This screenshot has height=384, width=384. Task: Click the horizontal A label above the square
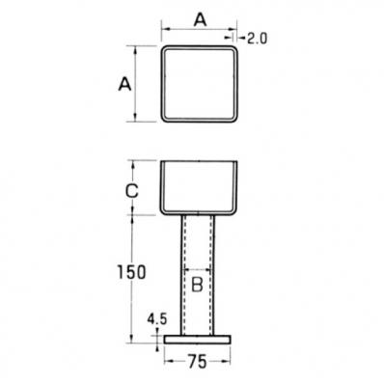click(200, 20)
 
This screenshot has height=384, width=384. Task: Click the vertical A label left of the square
click(124, 84)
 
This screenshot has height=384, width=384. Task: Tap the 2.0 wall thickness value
click(258, 39)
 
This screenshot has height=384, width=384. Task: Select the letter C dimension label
click(132, 191)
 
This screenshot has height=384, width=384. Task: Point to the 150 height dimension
click(131, 272)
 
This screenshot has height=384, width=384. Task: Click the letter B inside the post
click(197, 285)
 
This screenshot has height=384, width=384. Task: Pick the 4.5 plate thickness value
click(157, 319)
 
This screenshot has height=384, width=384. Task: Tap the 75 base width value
click(197, 362)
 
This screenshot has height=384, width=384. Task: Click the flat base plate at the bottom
click(198, 340)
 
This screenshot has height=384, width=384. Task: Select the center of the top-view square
click(200, 84)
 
